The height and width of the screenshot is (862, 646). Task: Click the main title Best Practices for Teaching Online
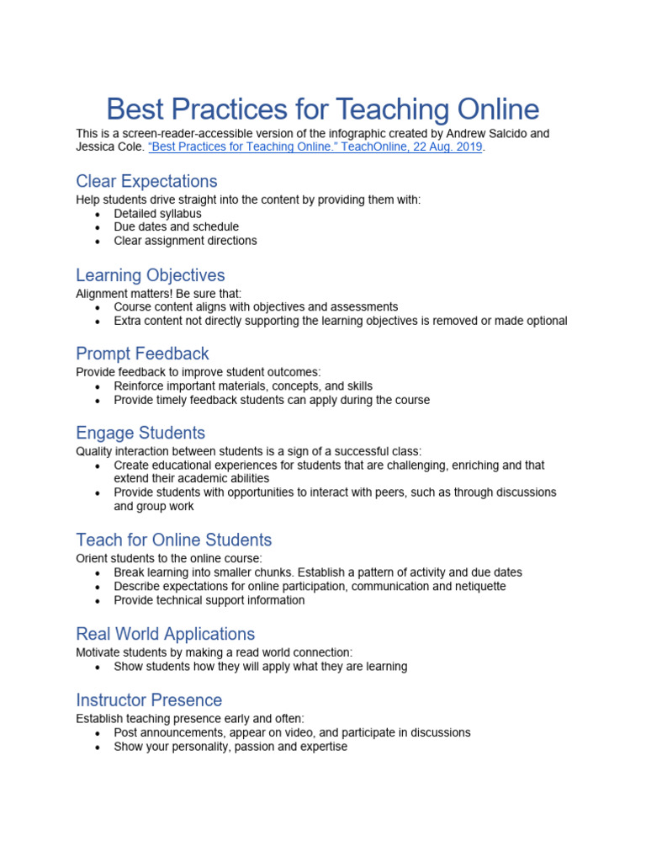[x=323, y=109]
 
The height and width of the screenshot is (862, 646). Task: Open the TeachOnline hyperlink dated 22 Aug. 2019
[x=315, y=146]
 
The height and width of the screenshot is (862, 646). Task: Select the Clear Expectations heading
[x=146, y=181]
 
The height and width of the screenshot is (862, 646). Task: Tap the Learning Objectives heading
[x=151, y=275]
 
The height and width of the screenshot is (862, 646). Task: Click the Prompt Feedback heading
[x=142, y=354]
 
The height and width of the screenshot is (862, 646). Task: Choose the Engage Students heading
[x=140, y=433]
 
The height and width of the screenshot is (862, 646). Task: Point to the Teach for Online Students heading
[x=174, y=540]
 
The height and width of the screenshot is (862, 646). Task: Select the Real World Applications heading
[x=165, y=634]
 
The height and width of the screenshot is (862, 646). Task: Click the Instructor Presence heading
[x=149, y=700]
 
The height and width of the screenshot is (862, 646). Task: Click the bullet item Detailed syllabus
[x=157, y=214]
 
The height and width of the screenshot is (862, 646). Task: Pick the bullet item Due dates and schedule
[x=176, y=227]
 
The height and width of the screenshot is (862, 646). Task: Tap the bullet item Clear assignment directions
[x=185, y=241]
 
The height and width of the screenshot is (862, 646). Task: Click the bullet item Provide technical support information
[x=209, y=600]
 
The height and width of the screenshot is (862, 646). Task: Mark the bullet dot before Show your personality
[x=98, y=748]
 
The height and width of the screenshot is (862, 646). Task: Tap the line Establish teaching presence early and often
[x=190, y=719]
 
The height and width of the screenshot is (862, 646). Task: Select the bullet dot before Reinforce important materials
[x=98, y=387]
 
